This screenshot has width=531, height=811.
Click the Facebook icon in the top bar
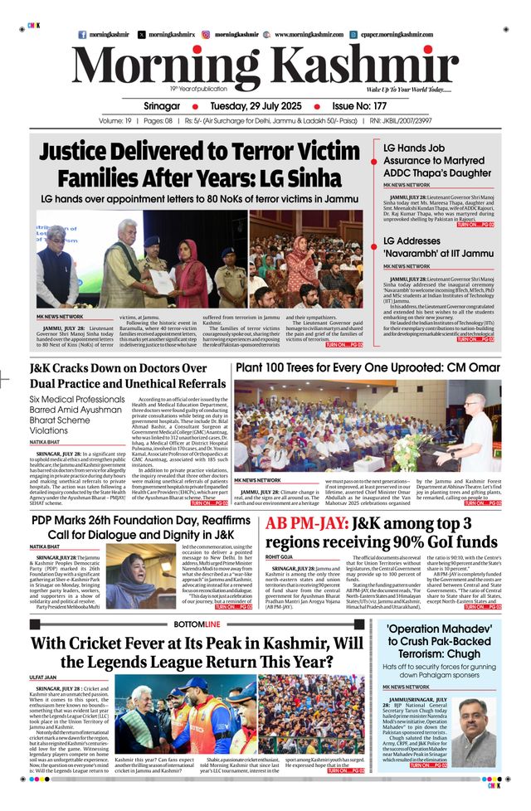tap(82, 35)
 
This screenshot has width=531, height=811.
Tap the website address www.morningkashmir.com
tap(309, 35)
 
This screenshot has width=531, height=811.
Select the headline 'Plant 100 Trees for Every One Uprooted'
tap(368, 367)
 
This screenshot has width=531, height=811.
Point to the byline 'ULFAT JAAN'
tap(43, 677)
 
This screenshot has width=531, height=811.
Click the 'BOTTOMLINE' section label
tap(197, 624)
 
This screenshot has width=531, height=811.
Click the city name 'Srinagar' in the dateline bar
tap(162, 107)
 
